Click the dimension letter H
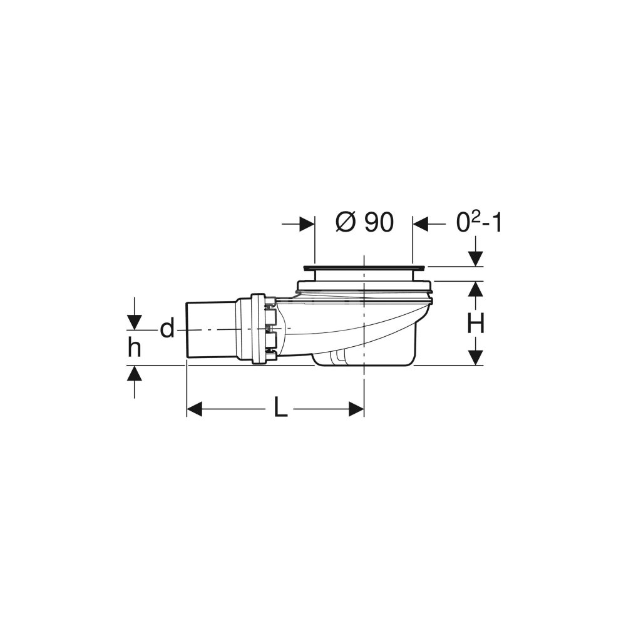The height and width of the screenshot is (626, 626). tap(476, 323)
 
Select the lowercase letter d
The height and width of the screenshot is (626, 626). tap(167, 329)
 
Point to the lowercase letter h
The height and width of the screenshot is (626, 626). tap(135, 347)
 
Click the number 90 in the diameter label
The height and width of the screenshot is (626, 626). tap(379, 222)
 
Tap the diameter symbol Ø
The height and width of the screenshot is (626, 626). tap(346, 222)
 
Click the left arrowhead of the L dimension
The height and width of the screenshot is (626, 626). tap(195, 409)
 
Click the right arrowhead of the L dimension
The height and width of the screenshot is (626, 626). tap(356, 409)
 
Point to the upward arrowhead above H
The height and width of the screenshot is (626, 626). tap(476, 289)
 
